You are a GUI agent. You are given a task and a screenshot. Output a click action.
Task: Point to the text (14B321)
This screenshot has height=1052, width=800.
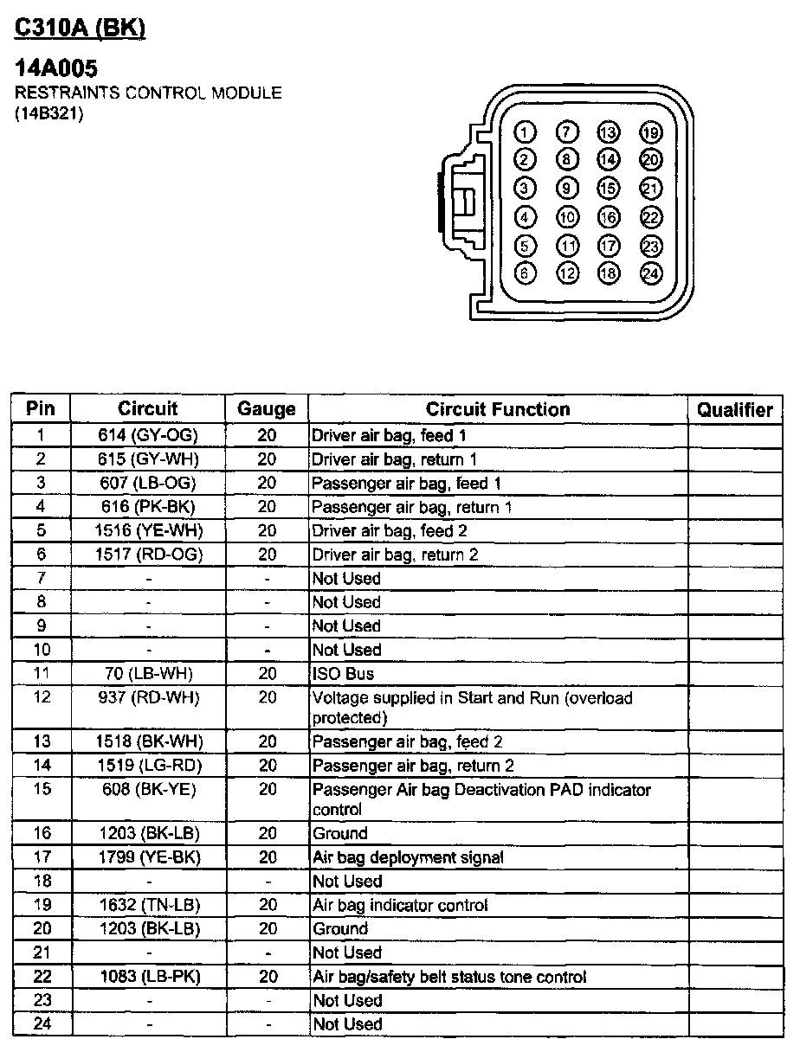coord(49,114)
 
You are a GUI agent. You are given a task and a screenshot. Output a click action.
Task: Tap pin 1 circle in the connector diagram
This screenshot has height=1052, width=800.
coord(525,132)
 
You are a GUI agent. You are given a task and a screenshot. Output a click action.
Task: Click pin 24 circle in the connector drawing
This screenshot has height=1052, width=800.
coord(650,273)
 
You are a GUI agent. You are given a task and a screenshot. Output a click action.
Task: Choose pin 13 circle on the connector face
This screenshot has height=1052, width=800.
coord(609,132)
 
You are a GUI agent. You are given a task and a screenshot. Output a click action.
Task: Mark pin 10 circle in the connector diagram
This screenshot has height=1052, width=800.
coord(567,217)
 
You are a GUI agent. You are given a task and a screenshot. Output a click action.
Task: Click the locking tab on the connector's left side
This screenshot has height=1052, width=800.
coord(459,199)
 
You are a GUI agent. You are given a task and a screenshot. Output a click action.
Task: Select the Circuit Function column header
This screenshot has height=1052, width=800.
coord(498,409)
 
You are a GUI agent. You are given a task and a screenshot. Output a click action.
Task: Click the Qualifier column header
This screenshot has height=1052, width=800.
coord(735,410)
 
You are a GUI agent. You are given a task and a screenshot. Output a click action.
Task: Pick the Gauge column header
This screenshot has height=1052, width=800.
coord(267,410)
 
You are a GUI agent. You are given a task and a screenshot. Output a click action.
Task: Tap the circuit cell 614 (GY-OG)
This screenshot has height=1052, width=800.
coord(148,435)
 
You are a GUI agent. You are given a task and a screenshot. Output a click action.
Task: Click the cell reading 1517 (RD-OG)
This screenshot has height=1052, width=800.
coord(148,555)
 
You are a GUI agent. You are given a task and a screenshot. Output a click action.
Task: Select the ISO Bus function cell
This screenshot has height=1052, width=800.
coord(344,674)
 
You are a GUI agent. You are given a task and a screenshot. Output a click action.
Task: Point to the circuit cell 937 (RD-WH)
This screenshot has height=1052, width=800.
coord(148,697)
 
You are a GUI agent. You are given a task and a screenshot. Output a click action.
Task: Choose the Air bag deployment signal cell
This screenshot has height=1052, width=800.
coord(408,857)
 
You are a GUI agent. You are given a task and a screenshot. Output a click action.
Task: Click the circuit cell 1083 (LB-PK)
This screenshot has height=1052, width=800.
coord(148,977)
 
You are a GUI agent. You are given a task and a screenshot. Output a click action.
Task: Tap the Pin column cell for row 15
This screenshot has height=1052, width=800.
coord(42,789)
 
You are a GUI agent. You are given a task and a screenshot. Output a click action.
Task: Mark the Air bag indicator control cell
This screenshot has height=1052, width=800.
coord(400,905)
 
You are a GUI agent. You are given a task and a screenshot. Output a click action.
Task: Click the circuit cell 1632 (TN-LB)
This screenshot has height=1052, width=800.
coord(148,905)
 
